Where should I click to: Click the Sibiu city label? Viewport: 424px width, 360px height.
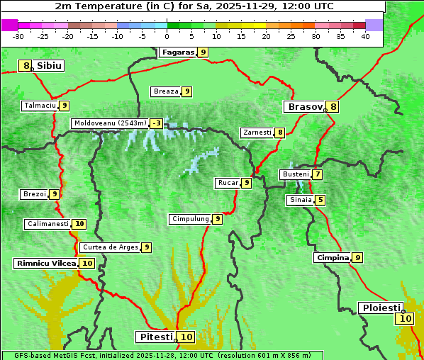[50, 66]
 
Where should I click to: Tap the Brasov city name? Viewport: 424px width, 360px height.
[304, 107]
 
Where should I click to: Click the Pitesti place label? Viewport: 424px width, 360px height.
[155, 337]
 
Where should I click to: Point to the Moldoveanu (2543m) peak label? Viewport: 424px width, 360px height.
[110, 123]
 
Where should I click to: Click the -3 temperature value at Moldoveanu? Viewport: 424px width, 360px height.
[156, 123]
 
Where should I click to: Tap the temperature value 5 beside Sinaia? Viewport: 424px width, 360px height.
[320, 200]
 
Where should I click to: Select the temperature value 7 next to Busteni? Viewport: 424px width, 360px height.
[318, 174]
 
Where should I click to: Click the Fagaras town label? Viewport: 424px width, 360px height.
[177, 52]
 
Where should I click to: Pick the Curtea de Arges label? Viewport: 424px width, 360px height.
[109, 247]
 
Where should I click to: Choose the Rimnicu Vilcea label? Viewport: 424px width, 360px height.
[45, 263]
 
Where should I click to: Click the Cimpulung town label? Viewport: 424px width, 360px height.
[190, 219]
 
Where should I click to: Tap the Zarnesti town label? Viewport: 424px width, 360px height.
[257, 133]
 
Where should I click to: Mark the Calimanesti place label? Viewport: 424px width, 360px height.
[48, 224]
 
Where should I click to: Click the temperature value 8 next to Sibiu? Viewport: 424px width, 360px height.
[26, 66]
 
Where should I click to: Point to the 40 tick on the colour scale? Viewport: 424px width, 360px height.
[365, 37]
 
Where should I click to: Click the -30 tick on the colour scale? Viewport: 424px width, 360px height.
[18, 37]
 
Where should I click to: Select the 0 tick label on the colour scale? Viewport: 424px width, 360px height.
[167, 37]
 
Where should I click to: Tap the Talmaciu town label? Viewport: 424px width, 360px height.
[40, 106]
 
